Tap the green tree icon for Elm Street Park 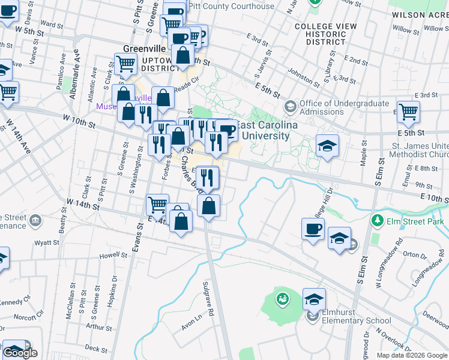tap(377, 221)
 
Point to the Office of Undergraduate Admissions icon tap(291, 107)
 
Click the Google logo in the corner tap(20, 353)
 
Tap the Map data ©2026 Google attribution tap(412, 355)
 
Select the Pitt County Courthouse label tap(231, 6)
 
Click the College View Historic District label tap(325, 35)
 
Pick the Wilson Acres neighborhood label tap(418, 14)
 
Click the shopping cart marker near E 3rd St tap(408, 111)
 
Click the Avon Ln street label tap(191, 325)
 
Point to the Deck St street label tap(95, 347)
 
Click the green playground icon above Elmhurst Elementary tap(282, 297)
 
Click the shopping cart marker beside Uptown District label tap(125, 64)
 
